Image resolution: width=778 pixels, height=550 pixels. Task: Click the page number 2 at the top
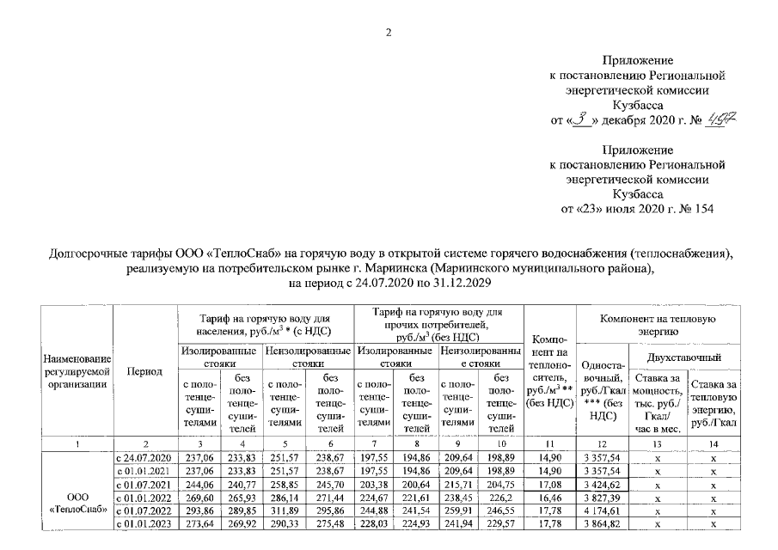pos(389,33)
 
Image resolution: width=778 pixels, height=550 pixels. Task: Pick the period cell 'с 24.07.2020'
pos(144,456)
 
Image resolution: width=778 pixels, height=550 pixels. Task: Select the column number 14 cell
pos(713,443)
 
